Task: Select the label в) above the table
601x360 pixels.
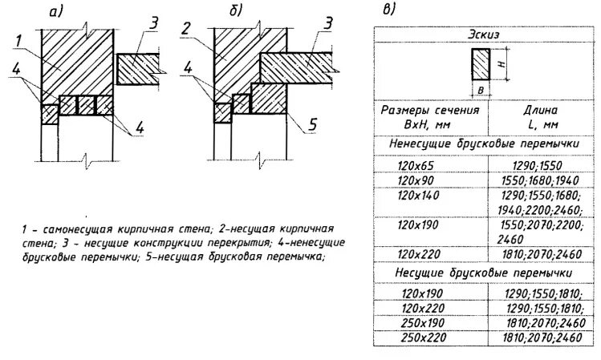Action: click(388, 10)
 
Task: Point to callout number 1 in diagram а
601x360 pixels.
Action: click(19, 39)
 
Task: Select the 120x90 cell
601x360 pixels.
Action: click(416, 180)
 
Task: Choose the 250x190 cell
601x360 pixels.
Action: click(418, 322)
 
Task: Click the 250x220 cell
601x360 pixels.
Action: click(418, 338)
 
